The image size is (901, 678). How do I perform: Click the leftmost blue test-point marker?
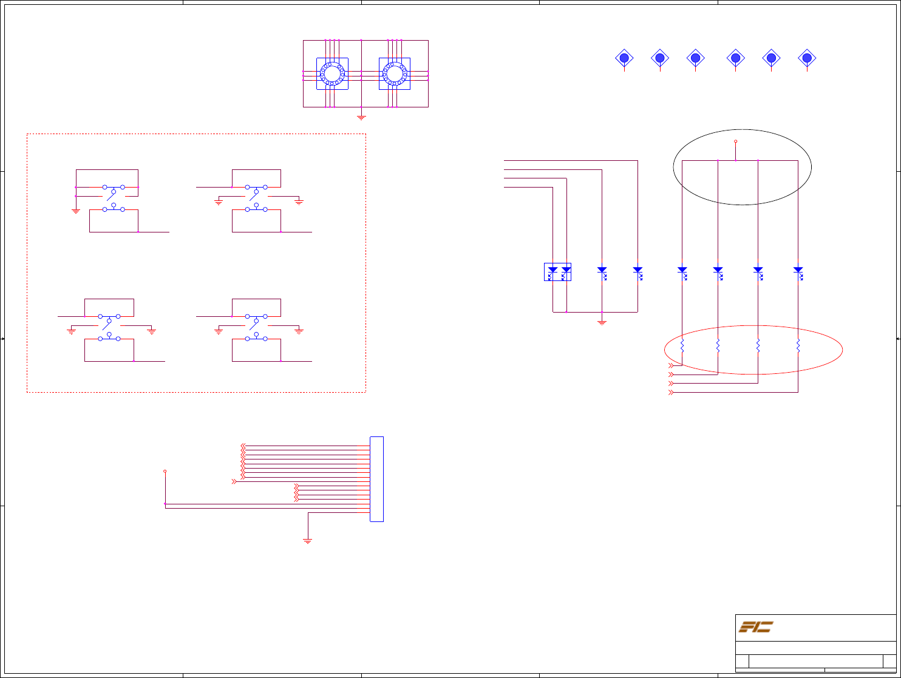(624, 58)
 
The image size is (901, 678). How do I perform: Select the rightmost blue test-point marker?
(807, 58)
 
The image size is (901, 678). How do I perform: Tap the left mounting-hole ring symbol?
(332, 74)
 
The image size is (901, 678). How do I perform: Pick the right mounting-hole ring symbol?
(395, 74)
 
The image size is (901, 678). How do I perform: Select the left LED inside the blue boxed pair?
(552, 271)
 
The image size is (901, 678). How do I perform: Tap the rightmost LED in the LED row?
(798, 271)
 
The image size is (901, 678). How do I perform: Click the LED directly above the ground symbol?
(602, 271)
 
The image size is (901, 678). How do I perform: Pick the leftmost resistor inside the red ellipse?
(682, 346)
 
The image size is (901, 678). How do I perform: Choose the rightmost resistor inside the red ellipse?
(798, 346)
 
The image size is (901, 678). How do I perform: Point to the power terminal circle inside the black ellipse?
(736, 141)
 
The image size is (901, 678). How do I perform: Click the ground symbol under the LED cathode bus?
(602, 322)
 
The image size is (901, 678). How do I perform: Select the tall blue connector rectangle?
(376, 479)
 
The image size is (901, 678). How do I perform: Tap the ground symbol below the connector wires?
(308, 540)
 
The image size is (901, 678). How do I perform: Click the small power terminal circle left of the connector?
(165, 471)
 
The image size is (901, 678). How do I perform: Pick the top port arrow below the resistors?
(671, 366)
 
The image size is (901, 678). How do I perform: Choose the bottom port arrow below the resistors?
(671, 393)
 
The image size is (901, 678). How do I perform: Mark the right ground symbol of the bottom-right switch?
(299, 331)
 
